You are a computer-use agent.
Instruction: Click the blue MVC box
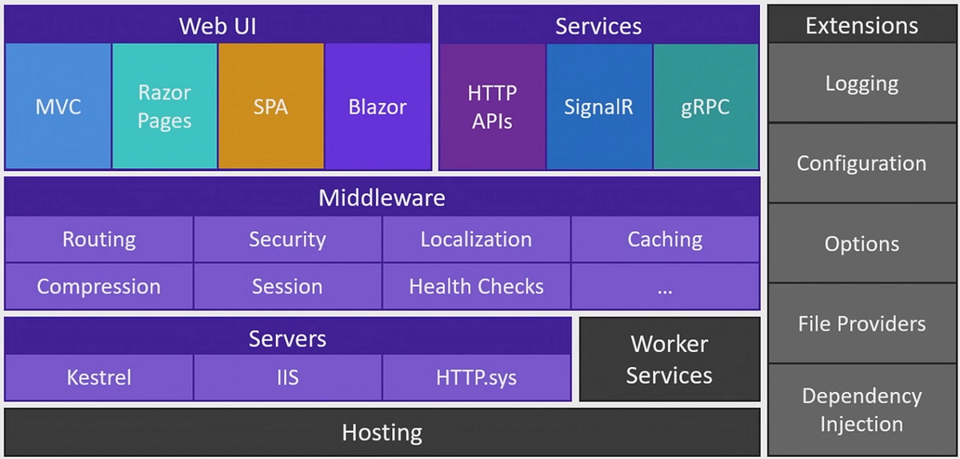(x=58, y=106)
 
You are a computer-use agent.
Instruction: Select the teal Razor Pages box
(x=165, y=106)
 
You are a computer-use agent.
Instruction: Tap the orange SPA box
(x=271, y=106)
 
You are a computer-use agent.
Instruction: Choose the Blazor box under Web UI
(x=378, y=106)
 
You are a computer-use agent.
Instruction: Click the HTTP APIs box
(x=492, y=106)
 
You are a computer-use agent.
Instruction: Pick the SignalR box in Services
(x=599, y=106)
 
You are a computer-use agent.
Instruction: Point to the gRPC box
(x=706, y=106)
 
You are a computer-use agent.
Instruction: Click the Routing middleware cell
(x=99, y=239)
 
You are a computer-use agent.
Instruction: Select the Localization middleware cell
(x=476, y=239)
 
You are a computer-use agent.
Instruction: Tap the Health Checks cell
(x=476, y=286)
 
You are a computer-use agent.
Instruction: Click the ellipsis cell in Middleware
(x=665, y=286)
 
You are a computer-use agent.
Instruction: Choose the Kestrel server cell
(x=99, y=377)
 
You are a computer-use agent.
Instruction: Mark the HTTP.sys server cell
(x=476, y=377)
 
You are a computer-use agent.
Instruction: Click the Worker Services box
(x=669, y=360)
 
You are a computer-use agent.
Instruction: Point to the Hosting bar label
(x=382, y=433)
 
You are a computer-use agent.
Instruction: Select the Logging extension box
(x=862, y=83)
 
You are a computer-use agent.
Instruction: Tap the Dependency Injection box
(x=862, y=409)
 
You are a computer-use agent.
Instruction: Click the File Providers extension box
(x=862, y=323)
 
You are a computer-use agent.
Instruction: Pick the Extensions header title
(x=862, y=26)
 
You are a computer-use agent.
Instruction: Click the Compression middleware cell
(x=99, y=286)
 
